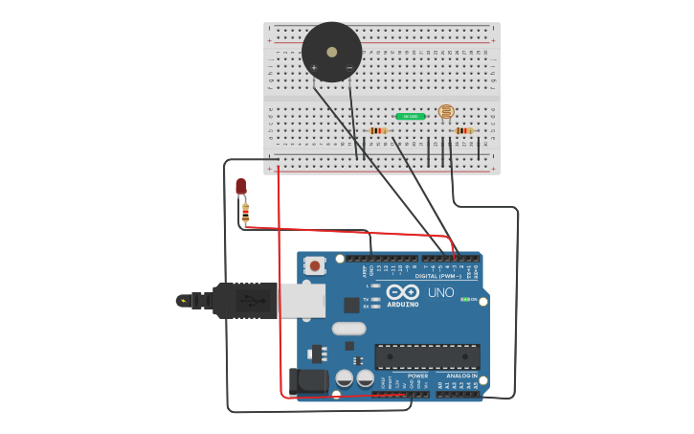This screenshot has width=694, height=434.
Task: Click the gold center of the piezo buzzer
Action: [332, 52]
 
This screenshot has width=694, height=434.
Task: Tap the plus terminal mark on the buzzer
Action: [314, 67]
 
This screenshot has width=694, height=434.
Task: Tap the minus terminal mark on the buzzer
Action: [348, 67]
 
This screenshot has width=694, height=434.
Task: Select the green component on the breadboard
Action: [410, 117]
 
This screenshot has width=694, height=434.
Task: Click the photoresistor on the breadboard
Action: [446, 112]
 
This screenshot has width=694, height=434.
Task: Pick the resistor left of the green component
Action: [377, 130]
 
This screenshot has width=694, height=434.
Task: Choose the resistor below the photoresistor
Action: [463, 130]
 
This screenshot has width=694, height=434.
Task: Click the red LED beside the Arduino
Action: [241, 186]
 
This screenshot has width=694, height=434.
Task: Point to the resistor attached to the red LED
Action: [246, 213]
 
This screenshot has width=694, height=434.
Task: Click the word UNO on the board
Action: [440, 292]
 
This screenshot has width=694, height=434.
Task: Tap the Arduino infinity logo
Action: [403, 291]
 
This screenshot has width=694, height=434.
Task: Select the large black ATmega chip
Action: [427, 356]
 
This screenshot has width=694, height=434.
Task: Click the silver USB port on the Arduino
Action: [301, 300]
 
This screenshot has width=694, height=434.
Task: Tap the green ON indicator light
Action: [466, 300]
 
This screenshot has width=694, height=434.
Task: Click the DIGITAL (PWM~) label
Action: [438, 276]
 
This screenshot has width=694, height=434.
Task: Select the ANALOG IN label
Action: [460, 376]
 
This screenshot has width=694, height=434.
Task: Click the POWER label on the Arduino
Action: [418, 376]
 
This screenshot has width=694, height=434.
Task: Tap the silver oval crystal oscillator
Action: [349, 329]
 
